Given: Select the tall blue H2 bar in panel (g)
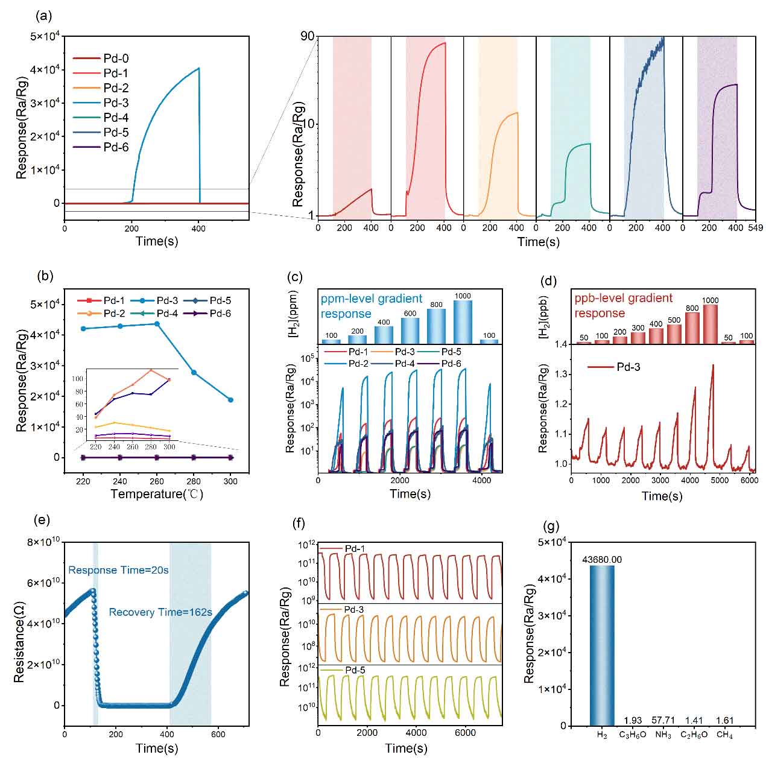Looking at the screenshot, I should [x=601, y=645].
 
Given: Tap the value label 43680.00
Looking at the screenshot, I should [x=601, y=560].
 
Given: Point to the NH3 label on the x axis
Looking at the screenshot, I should [x=663, y=735].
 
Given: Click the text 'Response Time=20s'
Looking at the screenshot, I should [x=118, y=570].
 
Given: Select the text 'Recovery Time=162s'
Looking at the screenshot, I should [x=160, y=612].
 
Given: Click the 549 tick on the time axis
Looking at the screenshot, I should [x=755, y=228].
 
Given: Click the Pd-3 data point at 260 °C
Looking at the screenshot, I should [x=157, y=324].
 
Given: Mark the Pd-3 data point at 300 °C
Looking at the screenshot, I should [x=230, y=400].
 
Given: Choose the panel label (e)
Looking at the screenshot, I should [x=43, y=521].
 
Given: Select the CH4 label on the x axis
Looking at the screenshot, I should [x=724, y=735].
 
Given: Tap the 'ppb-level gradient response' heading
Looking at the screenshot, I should [x=623, y=306].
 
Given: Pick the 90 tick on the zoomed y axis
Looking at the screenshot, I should [x=307, y=36].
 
